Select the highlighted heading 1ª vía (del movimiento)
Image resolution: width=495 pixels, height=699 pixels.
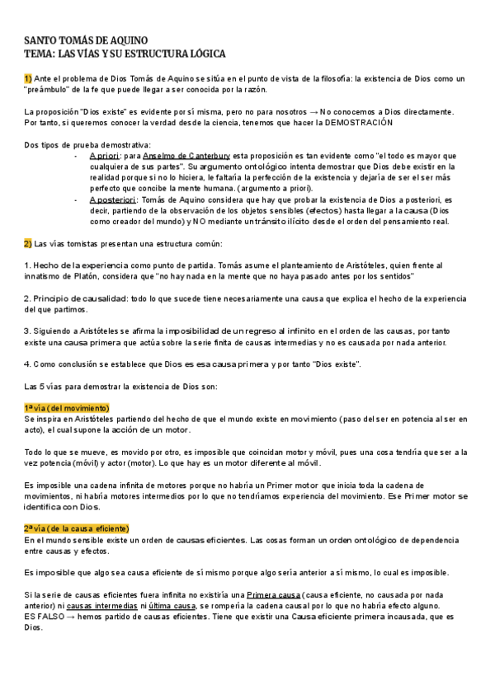(67, 408)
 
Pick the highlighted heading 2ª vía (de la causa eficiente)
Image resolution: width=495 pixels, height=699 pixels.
(77, 528)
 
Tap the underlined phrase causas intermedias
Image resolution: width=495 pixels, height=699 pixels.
(97, 604)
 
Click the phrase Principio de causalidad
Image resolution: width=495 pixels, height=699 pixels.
(82, 298)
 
